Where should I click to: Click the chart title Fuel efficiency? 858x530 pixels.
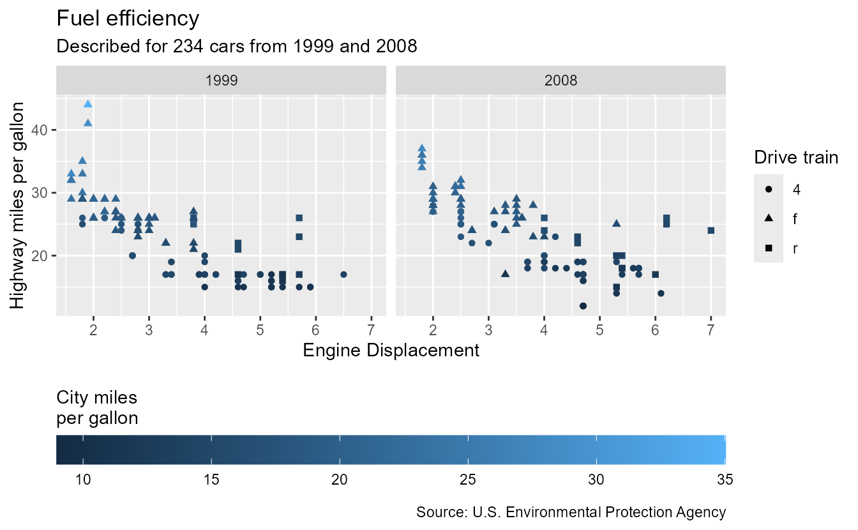click(128, 19)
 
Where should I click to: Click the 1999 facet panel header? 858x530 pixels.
click(222, 80)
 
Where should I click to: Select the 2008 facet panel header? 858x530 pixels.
click(561, 80)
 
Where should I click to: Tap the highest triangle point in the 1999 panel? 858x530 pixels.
click(88, 104)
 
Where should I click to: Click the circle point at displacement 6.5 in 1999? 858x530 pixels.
click(343, 275)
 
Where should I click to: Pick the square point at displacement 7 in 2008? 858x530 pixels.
click(711, 231)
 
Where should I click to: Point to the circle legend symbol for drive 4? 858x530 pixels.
click(769, 190)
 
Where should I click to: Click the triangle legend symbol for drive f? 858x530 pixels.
click(769, 219)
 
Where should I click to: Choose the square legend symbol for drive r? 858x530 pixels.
click(769, 248)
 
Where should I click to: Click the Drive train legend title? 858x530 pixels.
click(795, 157)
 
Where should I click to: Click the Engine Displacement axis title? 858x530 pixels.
click(391, 351)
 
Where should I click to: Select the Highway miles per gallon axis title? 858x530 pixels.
click(19, 206)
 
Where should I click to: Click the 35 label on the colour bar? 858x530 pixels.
click(725, 480)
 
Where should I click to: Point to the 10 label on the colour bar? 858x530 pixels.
click(82, 480)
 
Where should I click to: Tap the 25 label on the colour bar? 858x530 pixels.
click(468, 480)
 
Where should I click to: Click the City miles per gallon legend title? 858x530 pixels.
click(97, 408)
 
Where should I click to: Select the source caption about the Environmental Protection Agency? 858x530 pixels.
click(571, 512)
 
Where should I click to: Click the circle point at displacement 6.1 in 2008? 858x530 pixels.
click(661, 293)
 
